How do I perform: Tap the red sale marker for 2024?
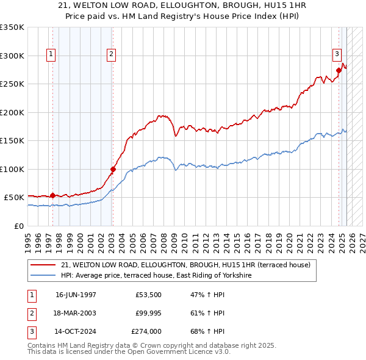[x=339, y=70]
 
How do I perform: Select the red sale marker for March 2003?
[x=113, y=169]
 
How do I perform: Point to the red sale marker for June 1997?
[x=52, y=195]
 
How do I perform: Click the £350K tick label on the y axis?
[x=12, y=27]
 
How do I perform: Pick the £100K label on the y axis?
[x=12, y=169]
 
